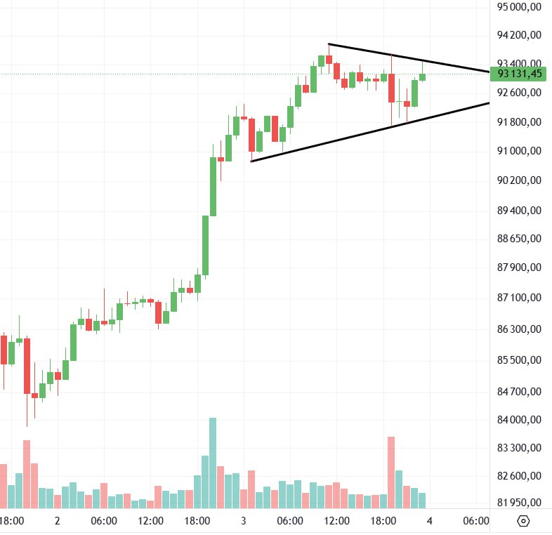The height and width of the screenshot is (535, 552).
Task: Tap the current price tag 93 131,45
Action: coord(520,73)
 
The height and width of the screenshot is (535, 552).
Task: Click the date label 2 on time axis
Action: coord(58,521)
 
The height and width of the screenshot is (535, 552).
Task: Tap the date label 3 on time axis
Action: coord(244,521)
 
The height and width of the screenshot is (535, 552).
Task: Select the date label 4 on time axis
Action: coord(429,521)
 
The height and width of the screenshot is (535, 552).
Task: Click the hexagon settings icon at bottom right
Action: coord(523,521)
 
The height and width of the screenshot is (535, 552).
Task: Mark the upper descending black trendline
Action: coord(407,58)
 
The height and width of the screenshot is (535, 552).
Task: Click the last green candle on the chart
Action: coord(423,76)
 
